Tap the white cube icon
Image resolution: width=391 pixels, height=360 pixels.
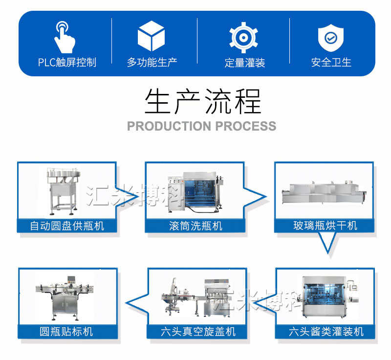click(x=151, y=36)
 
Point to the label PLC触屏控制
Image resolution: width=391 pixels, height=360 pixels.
click(x=67, y=63)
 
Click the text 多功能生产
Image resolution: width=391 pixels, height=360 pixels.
click(x=152, y=63)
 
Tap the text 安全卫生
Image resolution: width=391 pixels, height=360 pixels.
click(x=331, y=63)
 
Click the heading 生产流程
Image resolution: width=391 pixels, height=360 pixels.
click(x=202, y=101)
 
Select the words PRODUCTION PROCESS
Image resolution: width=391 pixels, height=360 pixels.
click(x=201, y=126)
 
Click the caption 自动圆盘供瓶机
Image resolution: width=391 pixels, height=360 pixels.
click(x=67, y=225)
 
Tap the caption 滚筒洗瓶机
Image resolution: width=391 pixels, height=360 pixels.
click(x=195, y=225)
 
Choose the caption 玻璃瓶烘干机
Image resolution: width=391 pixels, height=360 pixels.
click(x=325, y=225)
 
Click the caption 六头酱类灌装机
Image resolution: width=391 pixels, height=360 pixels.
click(x=326, y=332)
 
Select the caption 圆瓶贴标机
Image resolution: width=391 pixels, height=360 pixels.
click(x=67, y=332)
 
